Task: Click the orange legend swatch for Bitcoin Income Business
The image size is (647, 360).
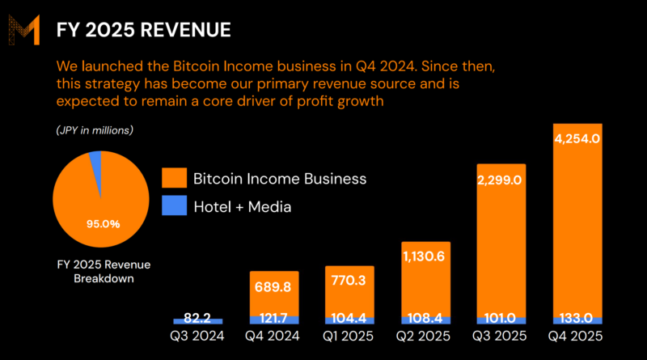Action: pyautogui.click(x=174, y=178)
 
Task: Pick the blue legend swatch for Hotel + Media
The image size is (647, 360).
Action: pyautogui.click(x=174, y=206)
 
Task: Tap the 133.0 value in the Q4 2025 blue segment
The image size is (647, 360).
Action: pyautogui.click(x=577, y=319)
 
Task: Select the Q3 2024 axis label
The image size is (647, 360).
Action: pyautogui.click(x=197, y=336)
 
